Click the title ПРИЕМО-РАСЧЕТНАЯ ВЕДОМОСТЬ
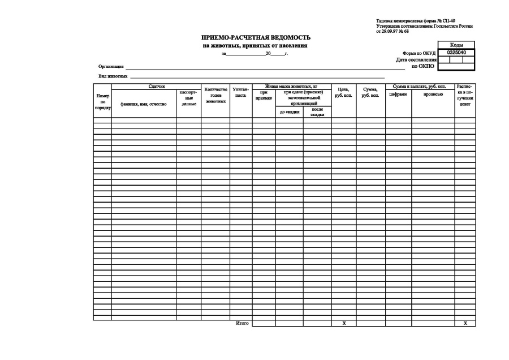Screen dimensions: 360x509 point(256,37)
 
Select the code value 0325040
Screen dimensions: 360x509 point(456,52)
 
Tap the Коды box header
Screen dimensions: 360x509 point(456,45)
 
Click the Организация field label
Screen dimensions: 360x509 point(111,67)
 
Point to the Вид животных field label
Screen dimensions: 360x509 point(113,76)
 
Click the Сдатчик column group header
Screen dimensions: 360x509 point(156,86)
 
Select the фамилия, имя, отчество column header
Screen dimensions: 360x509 point(144,104)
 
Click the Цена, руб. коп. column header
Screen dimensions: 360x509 point(343,92)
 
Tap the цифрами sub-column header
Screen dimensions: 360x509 point(398,95)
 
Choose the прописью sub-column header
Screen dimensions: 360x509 point(433,95)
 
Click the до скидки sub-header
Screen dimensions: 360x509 point(289,112)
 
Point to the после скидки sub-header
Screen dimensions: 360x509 point(317,112)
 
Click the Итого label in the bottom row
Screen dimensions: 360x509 point(241,323)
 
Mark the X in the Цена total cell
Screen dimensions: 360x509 point(344,323)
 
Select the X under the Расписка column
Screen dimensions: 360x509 point(465,323)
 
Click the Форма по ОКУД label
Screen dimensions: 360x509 point(419,53)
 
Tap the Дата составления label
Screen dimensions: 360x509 point(416,59)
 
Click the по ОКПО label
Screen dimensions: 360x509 point(422,66)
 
